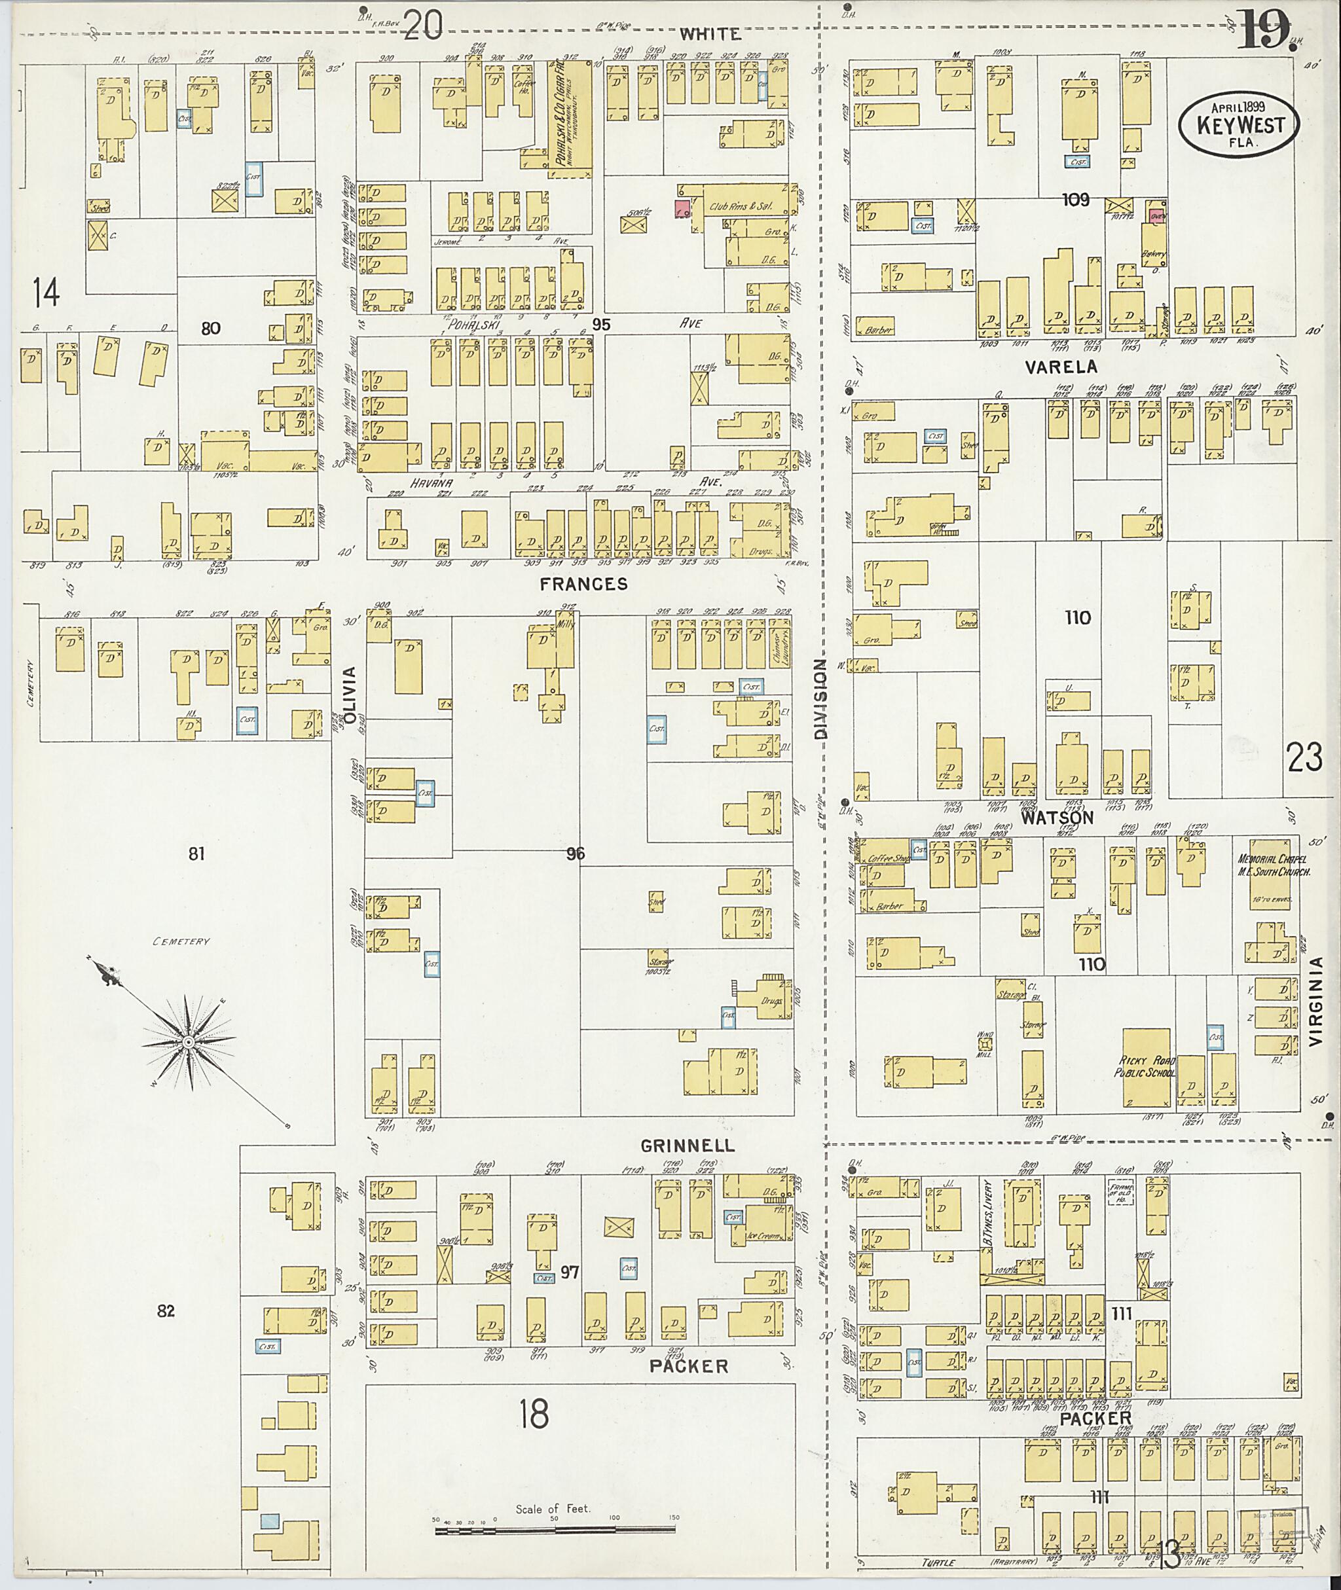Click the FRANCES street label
coord(584,584)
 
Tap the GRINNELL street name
coord(688,1146)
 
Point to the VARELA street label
coord(1061,367)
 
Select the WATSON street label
coord(1057,818)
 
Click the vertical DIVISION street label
coord(820,698)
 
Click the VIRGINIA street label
coord(1317,1003)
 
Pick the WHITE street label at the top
coord(709,33)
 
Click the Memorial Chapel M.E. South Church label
coord(1274,867)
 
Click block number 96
coord(576,854)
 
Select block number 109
coord(1076,200)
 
